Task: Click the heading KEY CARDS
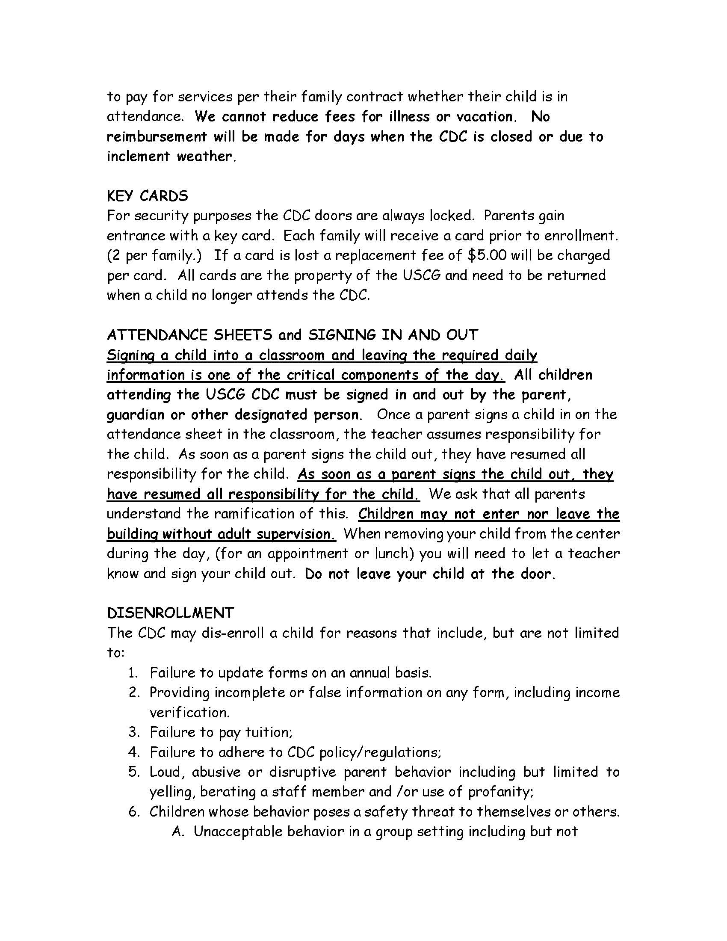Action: point(147,196)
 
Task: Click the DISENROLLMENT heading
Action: point(170,613)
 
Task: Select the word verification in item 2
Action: point(189,713)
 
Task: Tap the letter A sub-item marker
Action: point(177,832)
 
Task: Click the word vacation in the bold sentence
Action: point(485,117)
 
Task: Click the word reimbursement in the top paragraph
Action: point(157,136)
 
